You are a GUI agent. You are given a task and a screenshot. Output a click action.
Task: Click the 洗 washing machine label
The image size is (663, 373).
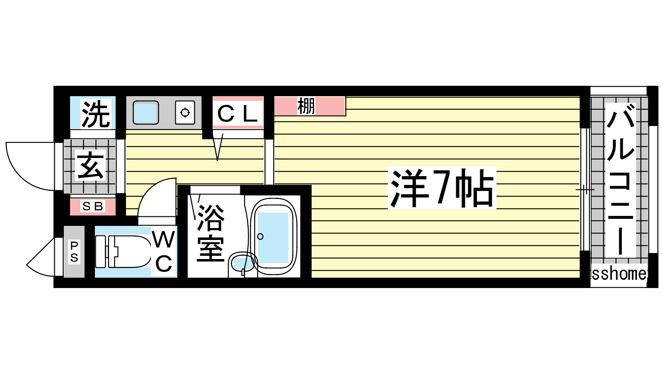tap(95, 114)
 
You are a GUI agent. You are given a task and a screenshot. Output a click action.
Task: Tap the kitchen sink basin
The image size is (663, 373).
tap(145, 112)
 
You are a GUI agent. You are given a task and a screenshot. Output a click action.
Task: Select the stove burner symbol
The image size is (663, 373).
tap(185, 112)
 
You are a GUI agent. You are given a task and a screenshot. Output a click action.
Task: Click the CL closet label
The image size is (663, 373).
tap(237, 114)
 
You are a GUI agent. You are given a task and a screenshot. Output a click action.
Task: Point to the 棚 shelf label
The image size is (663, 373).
tap(306, 106)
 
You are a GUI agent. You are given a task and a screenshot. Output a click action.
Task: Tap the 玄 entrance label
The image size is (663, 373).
tap(90, 165)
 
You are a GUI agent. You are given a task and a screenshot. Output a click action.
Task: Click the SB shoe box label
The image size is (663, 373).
tap(92, 206)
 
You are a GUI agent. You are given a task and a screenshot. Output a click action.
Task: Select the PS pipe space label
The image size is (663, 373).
tap(74, 252)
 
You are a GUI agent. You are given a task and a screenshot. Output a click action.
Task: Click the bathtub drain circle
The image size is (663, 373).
tap(261, 237)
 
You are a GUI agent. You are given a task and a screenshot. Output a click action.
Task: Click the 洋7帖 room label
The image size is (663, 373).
tap(442, 188)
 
